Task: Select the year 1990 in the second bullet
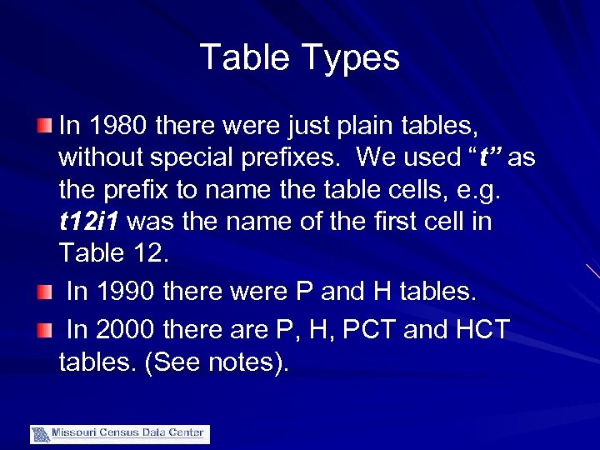[127, 292]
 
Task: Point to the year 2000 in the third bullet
[127, 329]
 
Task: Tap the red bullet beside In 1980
[44, 127]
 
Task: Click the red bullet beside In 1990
[44, 292]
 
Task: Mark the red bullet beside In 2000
[44, 329]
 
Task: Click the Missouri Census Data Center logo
[120, 433]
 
